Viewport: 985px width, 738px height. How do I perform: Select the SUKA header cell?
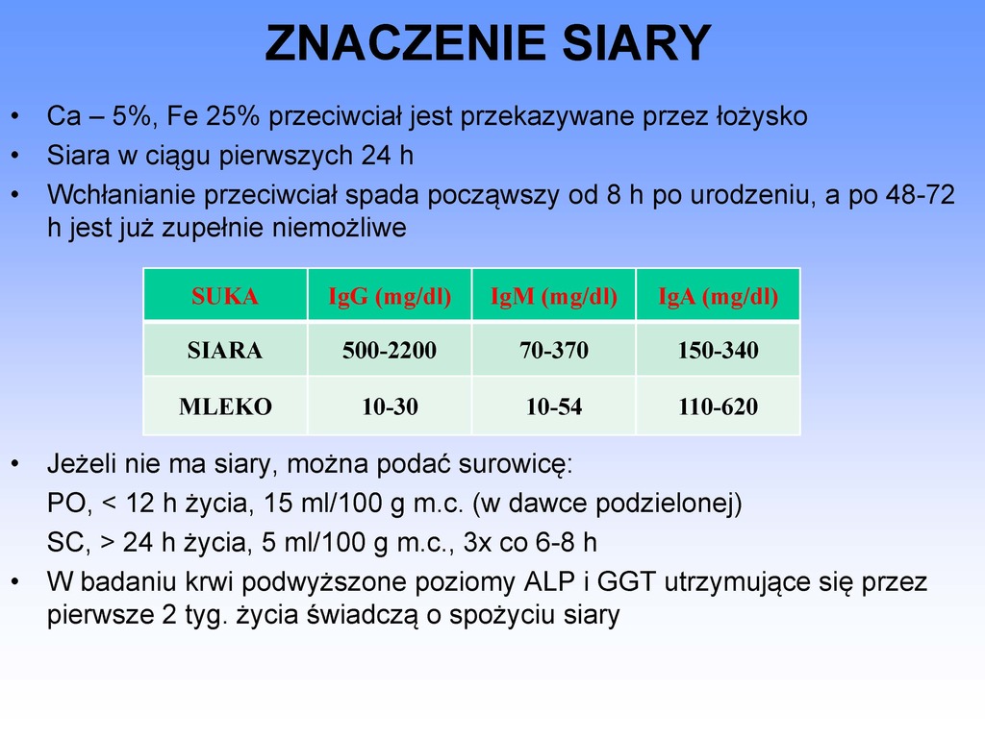pos(225,296)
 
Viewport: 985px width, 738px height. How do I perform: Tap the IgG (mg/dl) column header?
pos(390,296)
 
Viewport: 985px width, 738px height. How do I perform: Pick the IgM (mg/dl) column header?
pos(554,296)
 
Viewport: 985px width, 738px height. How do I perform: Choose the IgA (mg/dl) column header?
pos(718,296)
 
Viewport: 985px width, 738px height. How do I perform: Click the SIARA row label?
pos(225,350)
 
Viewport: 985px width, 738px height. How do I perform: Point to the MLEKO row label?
pos(225,406)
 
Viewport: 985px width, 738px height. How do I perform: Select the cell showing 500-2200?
pos(390,350)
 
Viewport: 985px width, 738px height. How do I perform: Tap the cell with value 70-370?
pos(554,350)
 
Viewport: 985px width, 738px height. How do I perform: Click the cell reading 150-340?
pos(718,350)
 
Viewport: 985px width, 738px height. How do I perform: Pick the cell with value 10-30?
pos(390,406)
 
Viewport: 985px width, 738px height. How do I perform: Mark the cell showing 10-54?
pos(554,406)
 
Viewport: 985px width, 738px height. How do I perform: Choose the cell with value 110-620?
pos(718,406)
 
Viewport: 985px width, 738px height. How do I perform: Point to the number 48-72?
pos(921,194)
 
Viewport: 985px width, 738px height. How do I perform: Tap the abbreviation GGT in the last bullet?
pos(626,581)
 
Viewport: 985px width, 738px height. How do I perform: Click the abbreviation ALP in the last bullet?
pos(549,581)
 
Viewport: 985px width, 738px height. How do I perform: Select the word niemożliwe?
pos(339,227)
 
